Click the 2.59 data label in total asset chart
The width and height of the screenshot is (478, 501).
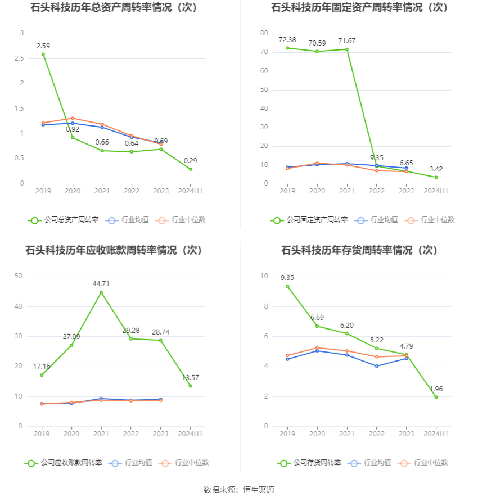(44, 45)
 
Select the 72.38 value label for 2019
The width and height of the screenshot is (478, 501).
(287, 39)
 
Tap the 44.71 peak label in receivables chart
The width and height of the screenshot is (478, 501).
(101, 283)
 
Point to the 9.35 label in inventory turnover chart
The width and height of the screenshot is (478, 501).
(287, 277)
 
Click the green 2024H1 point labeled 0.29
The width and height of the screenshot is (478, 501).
(191, 169)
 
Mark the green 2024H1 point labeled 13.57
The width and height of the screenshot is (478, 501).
(191, 386)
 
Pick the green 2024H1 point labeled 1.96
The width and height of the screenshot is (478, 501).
(436, 397)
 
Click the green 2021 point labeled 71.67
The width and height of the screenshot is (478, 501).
(347, 49)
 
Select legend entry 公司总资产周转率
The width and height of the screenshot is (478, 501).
(63, 220)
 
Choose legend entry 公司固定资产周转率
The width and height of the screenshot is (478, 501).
(309, 220)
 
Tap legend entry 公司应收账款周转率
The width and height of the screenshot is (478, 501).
(63, 463)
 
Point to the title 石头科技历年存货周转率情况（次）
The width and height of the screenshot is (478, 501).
(359, 250)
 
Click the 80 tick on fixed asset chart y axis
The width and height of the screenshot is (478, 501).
(264, 34)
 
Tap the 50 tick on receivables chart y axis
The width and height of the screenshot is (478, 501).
(19, 276)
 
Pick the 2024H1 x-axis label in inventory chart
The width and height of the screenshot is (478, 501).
(436, 434)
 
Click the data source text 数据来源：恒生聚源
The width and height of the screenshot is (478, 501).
(238, 490)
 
